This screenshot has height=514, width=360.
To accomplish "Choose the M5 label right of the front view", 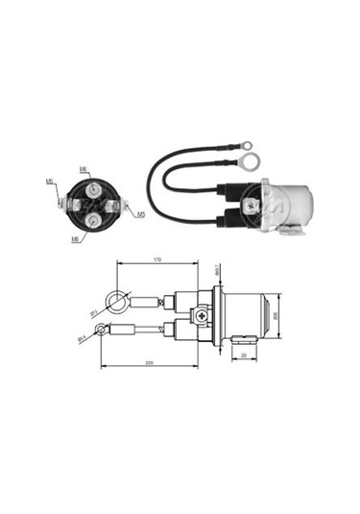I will pos(141,213).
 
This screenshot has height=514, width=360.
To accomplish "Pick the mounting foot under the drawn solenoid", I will pos(241,337).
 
